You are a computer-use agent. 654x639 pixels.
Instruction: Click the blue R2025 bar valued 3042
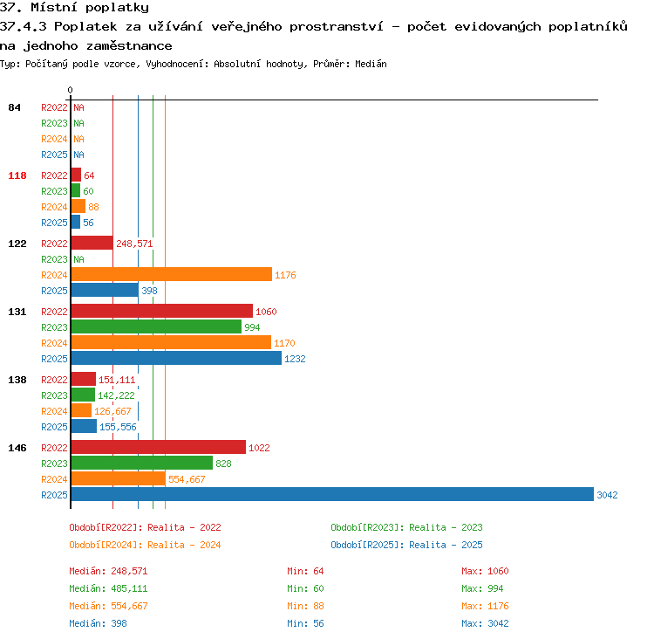coord(332,494)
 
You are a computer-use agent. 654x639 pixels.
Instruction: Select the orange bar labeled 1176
coord(172,274)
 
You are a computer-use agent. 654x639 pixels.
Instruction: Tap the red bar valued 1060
coord(162,311)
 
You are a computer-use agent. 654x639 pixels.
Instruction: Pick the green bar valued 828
coord(142,463)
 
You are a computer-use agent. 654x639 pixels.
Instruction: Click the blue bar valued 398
coord(105,291)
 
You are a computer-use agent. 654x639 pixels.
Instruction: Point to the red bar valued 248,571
coord(92,243)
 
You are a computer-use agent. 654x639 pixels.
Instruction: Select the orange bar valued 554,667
coord(119,478)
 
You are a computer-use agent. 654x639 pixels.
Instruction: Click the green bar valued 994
coord(156,326)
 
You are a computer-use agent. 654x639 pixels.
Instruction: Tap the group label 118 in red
coord(17,175)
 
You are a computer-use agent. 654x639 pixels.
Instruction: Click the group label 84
coord(14,107)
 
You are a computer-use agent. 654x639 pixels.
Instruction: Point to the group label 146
coord(17,448)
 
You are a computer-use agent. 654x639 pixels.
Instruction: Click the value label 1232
coord(295,359)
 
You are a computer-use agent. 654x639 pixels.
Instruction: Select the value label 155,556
coord(118,427)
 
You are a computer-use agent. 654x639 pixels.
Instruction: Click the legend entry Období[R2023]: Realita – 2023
coord(406,527)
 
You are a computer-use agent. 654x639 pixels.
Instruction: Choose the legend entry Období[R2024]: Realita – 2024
coord(145,545)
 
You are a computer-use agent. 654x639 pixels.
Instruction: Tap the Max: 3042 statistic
coord(485,623)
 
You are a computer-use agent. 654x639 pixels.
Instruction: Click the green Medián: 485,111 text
coord(108,588)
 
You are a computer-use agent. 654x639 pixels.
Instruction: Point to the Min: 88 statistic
coord(305,606)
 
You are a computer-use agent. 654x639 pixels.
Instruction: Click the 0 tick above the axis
coord(70,90)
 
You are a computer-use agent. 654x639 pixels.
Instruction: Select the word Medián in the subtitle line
coord(371,64)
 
